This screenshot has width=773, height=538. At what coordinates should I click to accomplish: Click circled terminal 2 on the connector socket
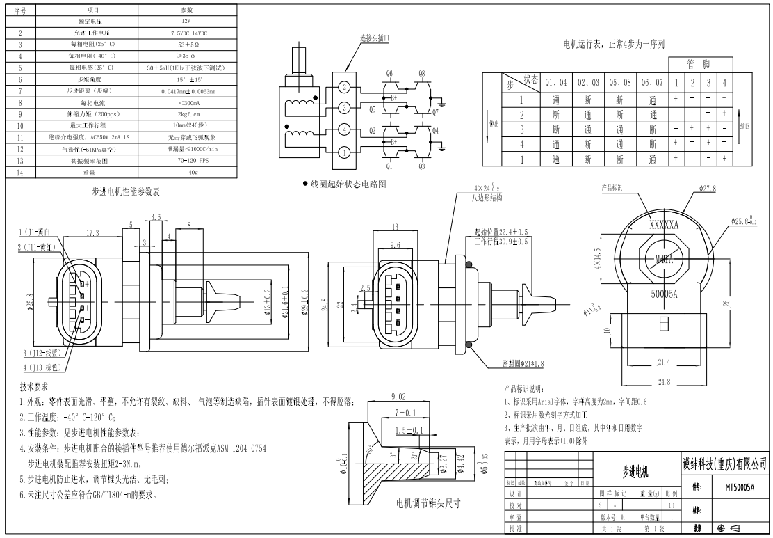(343, 87)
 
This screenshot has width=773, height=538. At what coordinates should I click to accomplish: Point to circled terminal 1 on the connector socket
(343, 151)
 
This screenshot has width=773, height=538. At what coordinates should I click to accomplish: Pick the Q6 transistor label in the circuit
(389, 72)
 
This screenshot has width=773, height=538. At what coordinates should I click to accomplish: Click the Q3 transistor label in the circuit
(422, 166)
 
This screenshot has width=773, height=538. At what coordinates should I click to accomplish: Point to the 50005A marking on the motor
(663, 294)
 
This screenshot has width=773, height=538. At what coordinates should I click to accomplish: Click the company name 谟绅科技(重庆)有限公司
(724, 461)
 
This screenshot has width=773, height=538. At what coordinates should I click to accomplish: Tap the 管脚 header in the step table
(698, 64)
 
